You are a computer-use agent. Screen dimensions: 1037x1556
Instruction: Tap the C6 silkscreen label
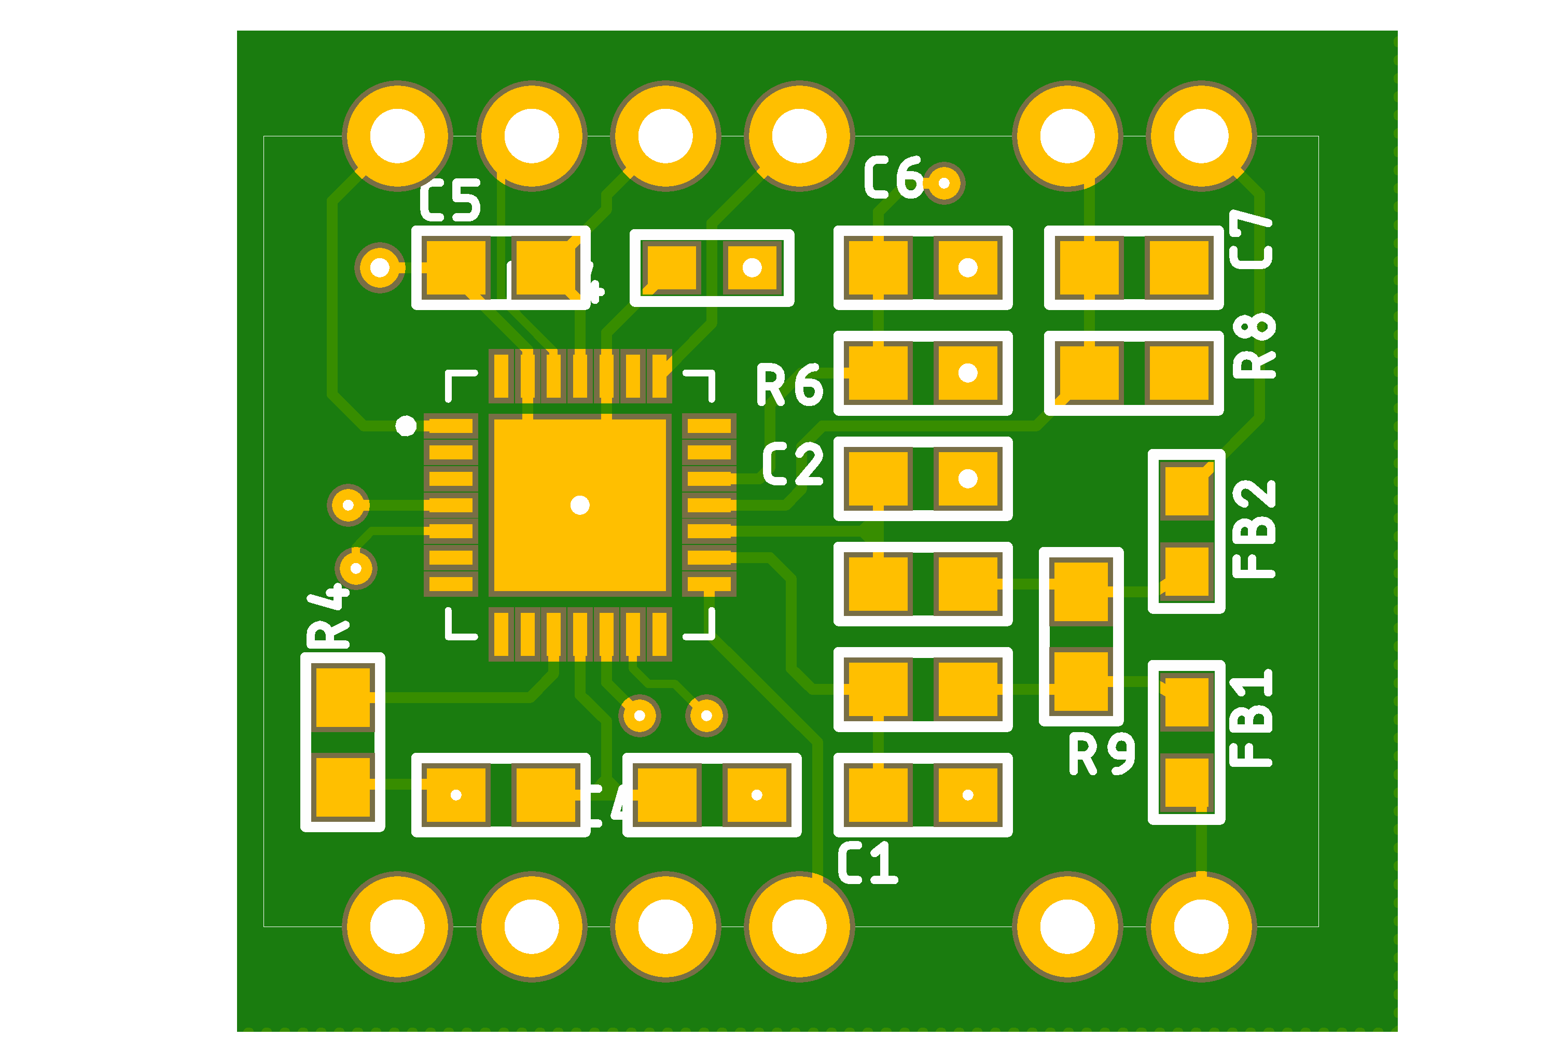click(x=893, y=177)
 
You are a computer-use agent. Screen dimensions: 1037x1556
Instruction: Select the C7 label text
click(x=1251, y=240)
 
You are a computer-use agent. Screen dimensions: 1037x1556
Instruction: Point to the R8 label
click(x=1254, y=346)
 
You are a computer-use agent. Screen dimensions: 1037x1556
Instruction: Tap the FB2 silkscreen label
click(x=1254, y=529)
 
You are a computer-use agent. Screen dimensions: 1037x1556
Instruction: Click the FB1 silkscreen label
click(x=1251, y=718)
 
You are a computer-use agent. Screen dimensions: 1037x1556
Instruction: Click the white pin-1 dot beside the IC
click(x=406, y=426)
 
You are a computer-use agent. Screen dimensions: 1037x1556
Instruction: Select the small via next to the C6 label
click(x=944, y=183)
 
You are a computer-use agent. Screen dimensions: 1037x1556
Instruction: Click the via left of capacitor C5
click(x=380, y=267)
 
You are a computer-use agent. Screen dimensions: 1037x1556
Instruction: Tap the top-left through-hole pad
click(x=398, y=136)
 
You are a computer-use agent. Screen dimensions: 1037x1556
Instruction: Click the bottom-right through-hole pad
click(x=1201, y=927)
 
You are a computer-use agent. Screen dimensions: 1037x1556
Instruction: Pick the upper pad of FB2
click(x=1187, y=492)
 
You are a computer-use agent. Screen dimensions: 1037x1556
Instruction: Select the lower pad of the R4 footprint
click(x=343, y=787)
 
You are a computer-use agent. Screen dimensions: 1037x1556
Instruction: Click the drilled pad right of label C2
click(x=968, y=478)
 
